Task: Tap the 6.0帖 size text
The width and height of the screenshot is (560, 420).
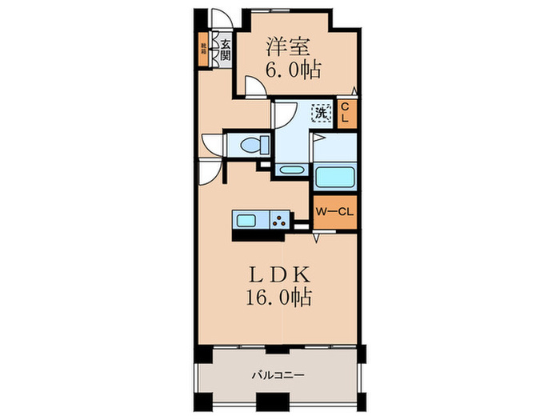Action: click(x=293, y=70)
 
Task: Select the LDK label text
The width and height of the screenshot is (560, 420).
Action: click(x=278, y=274)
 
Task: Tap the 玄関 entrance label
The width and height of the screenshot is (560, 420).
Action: click(x=226, y=51)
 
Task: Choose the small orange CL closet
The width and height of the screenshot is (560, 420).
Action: click(x=345, y=113)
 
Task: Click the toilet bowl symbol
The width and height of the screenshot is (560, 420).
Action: click(x=255, y=145)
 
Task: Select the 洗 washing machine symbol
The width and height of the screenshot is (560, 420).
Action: click(x=321, y=113)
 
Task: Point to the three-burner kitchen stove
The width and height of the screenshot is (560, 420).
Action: click(x=279, y=219)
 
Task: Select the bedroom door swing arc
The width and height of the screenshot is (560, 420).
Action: click(x=254, y=86)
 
